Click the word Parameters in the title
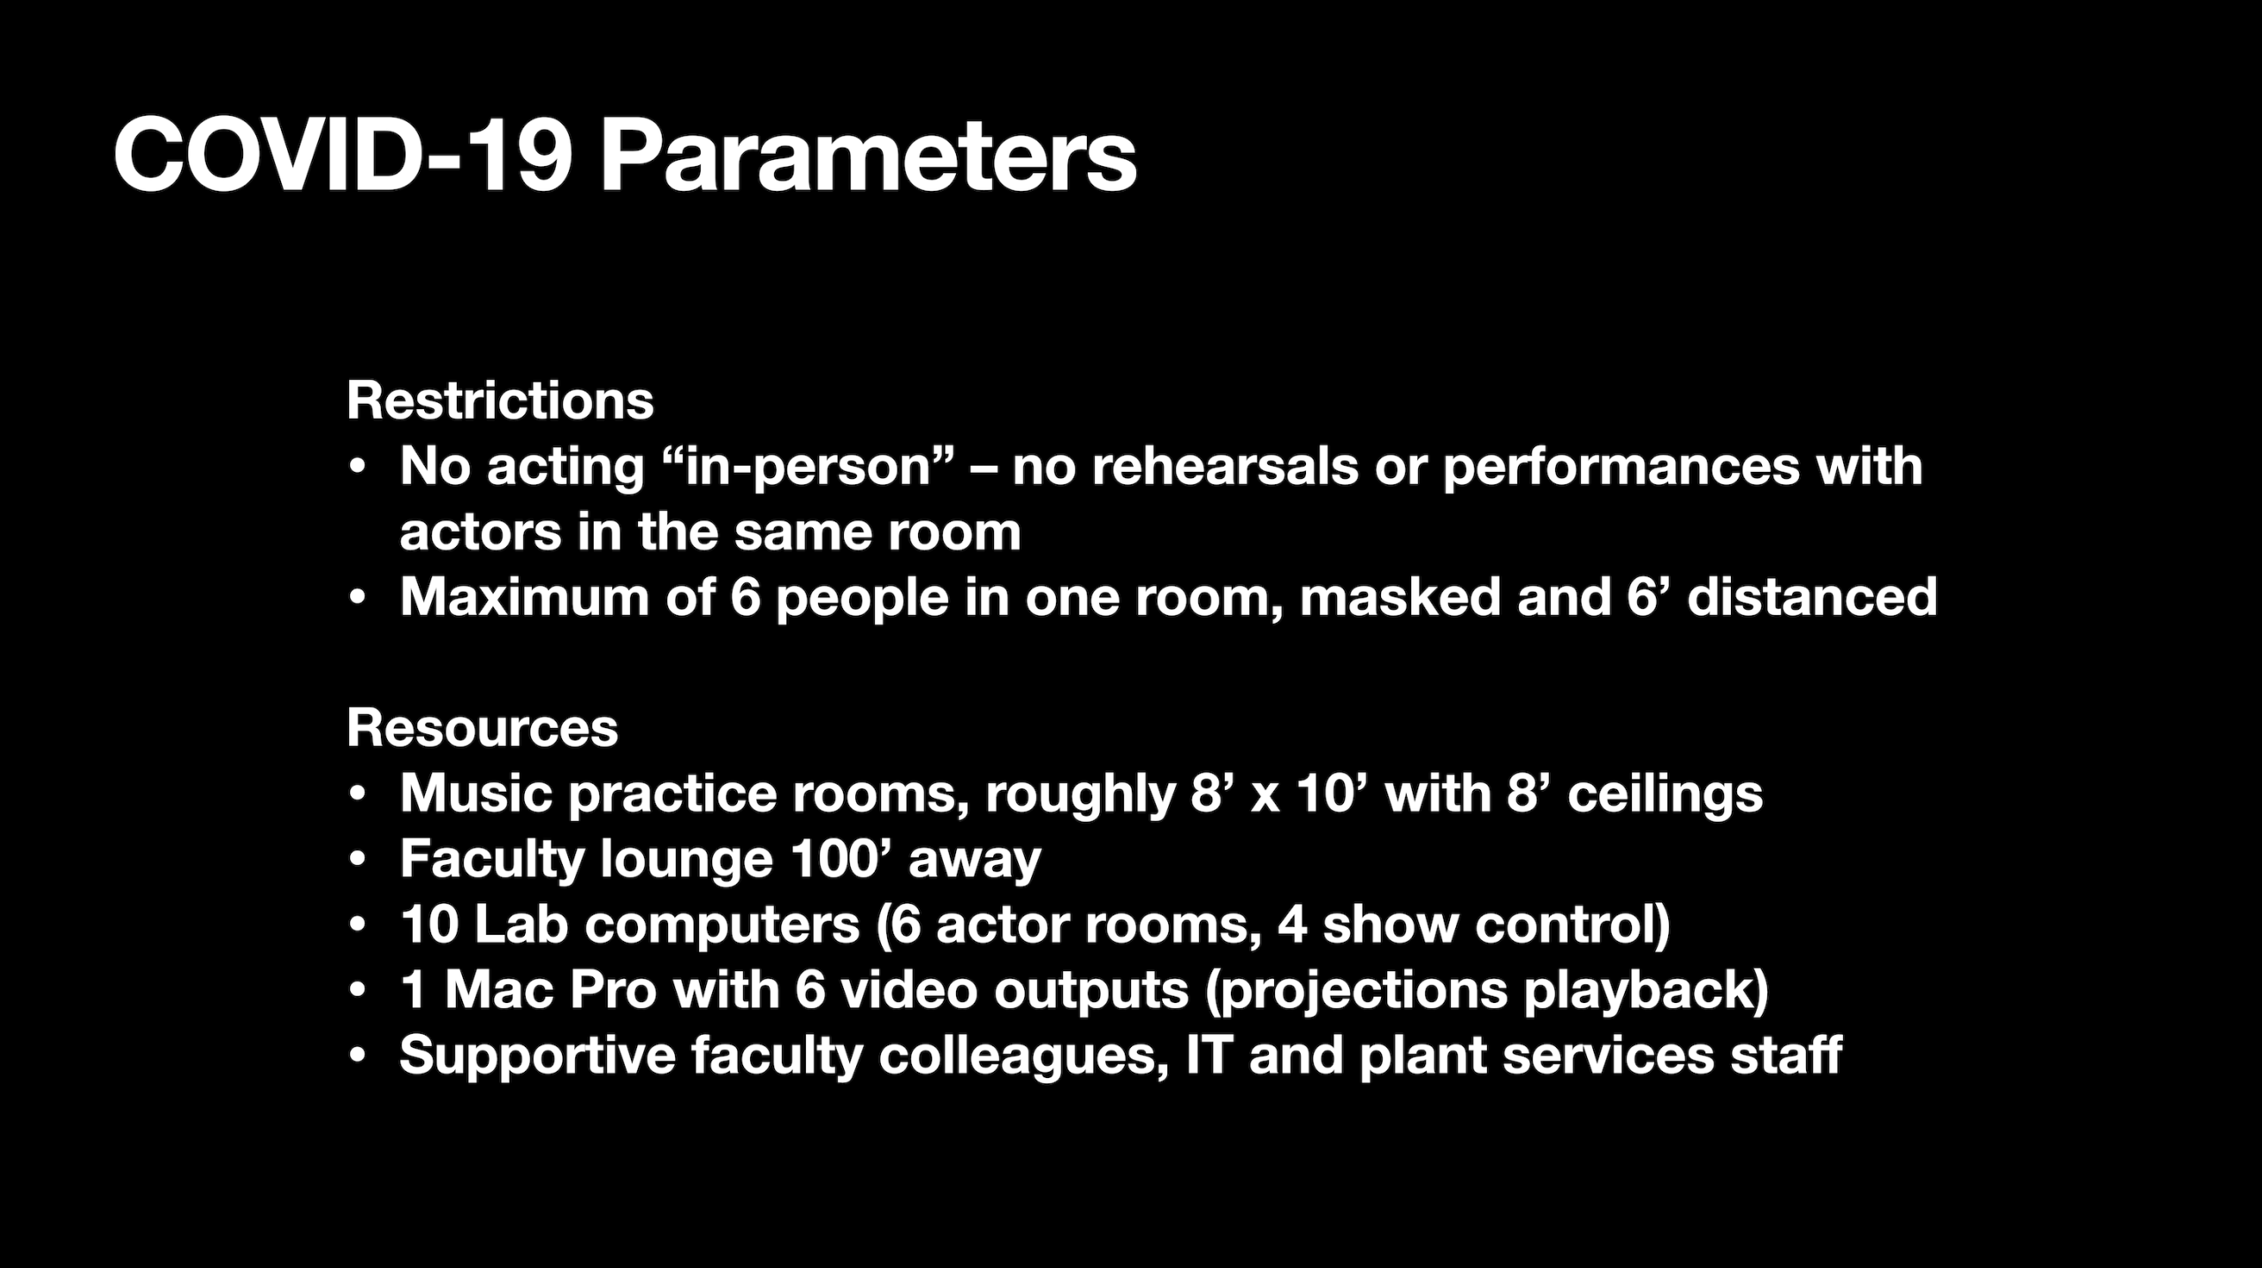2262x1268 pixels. pyautogui.click(x=869, y=156)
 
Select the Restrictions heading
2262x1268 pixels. pyautogui.click(x=500, y=400)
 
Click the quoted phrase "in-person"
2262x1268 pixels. pyautogui.click(x=811, y=467)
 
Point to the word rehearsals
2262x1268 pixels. pyautogui.click(x=1225, y=466)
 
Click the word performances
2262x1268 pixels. pyautogui.click(x=1621, y=467)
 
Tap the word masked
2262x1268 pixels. pyautogui.click(x=1400, y=596)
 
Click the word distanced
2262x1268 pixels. pyautogui.click(x=1812, y=596)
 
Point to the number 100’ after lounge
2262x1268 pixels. pyautogui.click(x=841, y=858)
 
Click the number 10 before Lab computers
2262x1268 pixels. pyautogui.click(x=429, y=923)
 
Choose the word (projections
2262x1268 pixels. pyautogui.click(x=1356, y=991)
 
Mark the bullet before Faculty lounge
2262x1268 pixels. pyautogui.click(x=357, y=859)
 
